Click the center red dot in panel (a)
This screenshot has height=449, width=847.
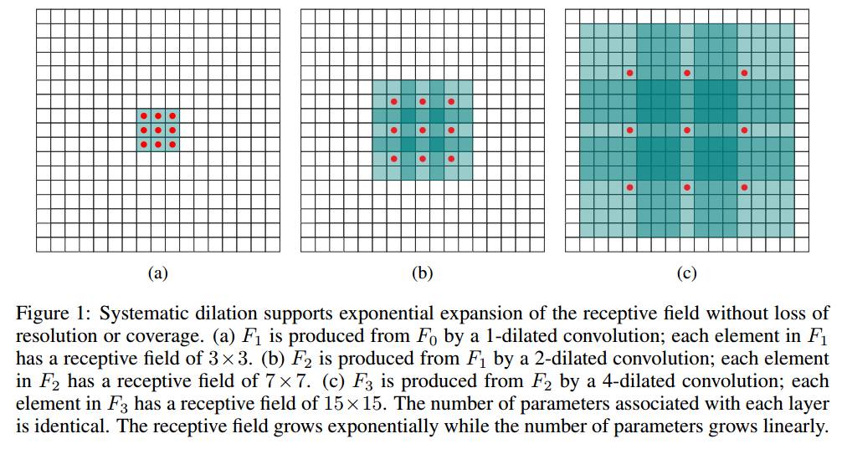(x=157, y=130)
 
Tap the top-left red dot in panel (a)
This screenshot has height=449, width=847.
(x=143, y=115)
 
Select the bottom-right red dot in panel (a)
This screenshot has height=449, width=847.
(x=172, y=144)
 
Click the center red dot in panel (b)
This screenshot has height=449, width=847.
(x=422, y=130)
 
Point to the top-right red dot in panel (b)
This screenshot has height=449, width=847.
(x=451, y=101)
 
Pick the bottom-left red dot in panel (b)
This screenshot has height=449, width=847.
(x=393, y=159)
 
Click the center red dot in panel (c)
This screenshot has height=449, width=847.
(x=687, y=130)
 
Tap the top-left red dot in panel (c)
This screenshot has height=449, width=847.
(x=630, y=73)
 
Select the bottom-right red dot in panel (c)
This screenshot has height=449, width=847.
(x=744, y=186)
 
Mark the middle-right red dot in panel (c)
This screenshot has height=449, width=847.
(x=744, y=130)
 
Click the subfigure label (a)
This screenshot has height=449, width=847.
(x=157, y=273)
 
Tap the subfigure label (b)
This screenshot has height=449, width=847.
(x=422, y=273)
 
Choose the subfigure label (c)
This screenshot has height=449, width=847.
(x=687, y=273)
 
